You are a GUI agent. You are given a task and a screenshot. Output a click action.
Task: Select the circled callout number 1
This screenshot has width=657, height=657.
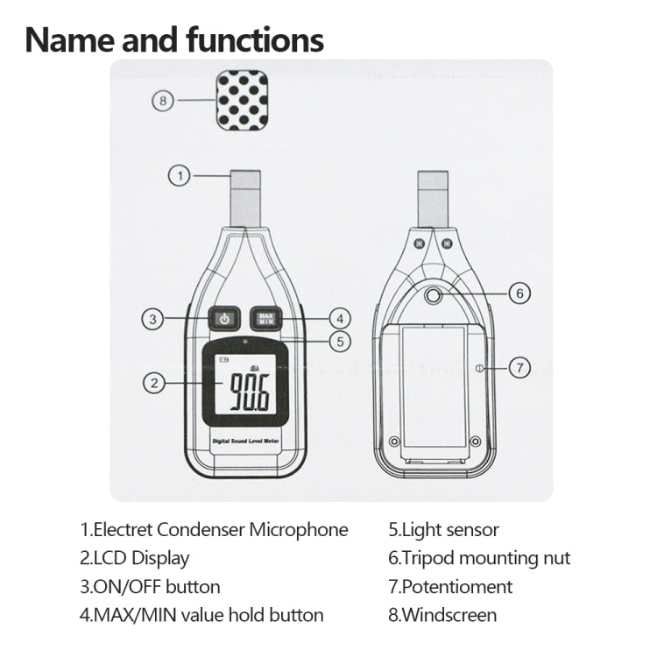pos(180,176)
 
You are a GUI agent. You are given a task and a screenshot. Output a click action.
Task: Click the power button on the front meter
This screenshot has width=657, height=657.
pos(225,318)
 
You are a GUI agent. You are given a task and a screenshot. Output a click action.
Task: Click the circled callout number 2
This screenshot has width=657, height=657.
pos(154,382)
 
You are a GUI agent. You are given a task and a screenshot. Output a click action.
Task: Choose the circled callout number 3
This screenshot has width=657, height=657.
pos(154,319)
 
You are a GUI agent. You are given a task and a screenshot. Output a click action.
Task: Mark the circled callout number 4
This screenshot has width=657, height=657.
pos(340,319)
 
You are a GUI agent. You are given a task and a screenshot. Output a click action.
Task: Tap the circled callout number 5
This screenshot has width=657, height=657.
pos(340,342)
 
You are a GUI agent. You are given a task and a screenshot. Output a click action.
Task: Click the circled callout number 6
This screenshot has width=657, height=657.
pos(519,293)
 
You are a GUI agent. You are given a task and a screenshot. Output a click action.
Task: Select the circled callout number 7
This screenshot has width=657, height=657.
pos(519,368)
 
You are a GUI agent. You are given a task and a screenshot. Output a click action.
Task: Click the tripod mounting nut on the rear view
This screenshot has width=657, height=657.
pos(433,297)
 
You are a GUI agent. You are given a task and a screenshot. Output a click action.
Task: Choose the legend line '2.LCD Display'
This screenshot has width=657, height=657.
pos(134,558)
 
